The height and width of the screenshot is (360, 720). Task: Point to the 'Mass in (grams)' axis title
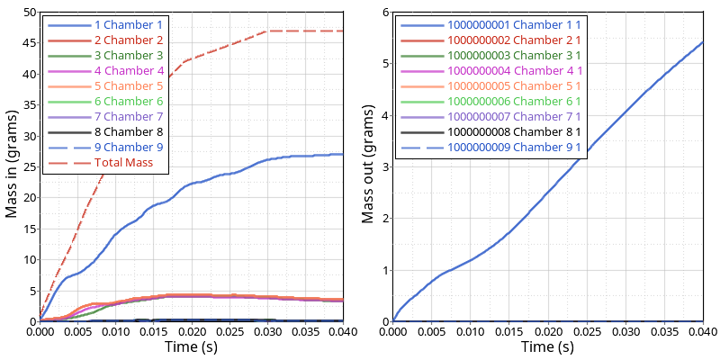(13, 166)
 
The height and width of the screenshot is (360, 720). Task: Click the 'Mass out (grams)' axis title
(367, 166)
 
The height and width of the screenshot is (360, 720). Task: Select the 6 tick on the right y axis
(384, 13)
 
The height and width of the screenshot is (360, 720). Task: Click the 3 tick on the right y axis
(384, 166)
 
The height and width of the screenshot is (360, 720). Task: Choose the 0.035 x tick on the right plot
(664, 331)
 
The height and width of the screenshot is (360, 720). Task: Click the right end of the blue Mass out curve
(703, 42)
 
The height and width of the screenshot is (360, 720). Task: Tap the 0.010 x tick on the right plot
(471, 331)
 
